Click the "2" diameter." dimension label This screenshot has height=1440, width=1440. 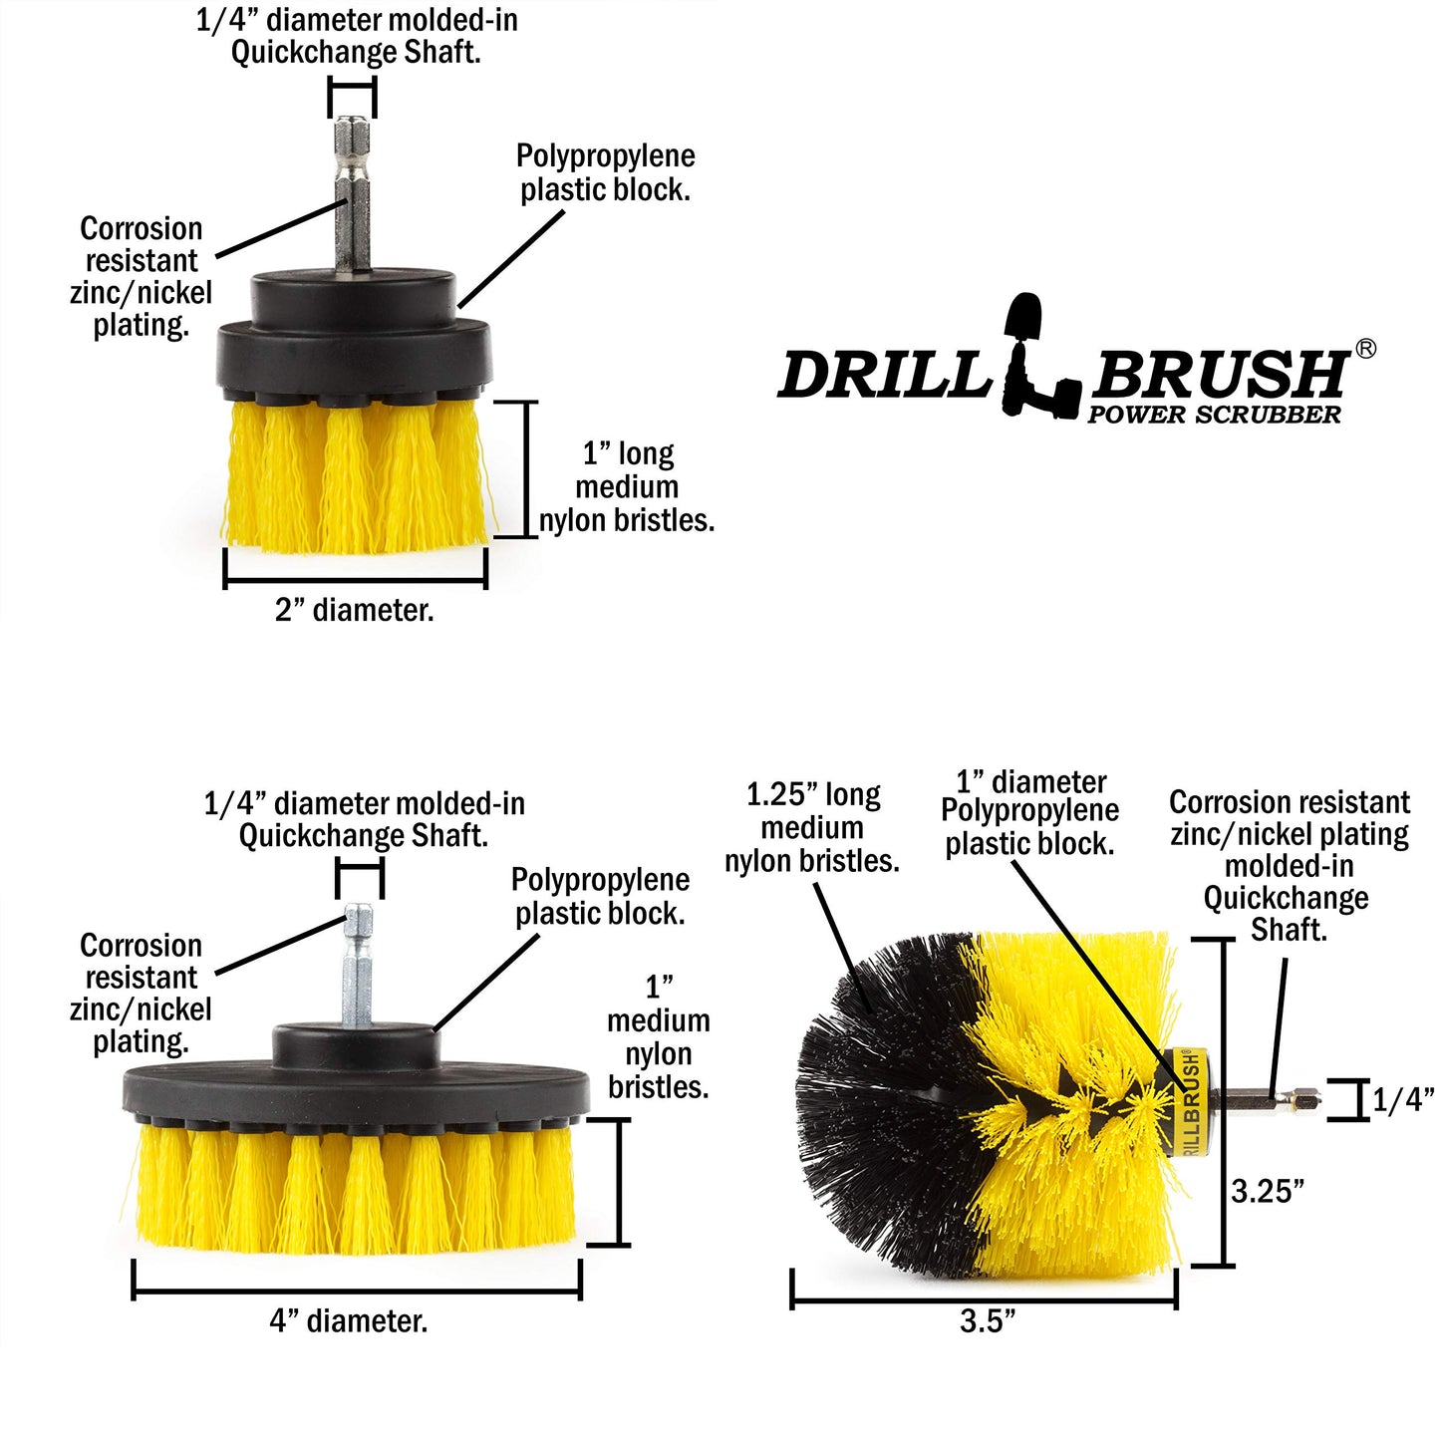coord(354,610)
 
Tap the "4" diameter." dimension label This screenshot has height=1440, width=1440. coord(348,1320)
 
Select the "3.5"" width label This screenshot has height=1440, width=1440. coord(987,1320)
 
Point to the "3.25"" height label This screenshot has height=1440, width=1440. coord(1268,1191)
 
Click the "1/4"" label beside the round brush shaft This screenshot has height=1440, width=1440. coord(1402,1099)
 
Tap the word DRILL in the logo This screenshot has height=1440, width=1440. coord(883,376)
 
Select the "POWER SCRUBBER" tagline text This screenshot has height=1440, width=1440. coord(1214,415)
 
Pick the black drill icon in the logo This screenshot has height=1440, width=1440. coord(1036,359)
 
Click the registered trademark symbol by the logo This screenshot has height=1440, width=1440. coord(1365,348)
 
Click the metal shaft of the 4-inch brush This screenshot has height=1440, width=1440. coord(358,967)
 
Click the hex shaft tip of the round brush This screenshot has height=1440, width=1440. coord(1300,1100)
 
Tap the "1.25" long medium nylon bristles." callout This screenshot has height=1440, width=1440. coord(812,828)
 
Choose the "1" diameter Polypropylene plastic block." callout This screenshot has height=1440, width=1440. coord(1029,812)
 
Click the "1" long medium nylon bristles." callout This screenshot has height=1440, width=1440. coord(627,487)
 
